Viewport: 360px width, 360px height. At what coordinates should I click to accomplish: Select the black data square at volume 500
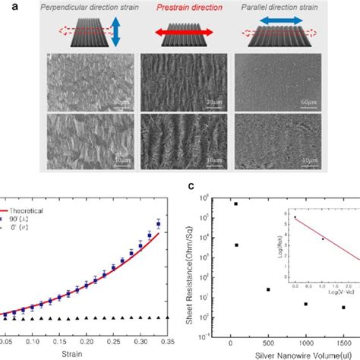[268, 289]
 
